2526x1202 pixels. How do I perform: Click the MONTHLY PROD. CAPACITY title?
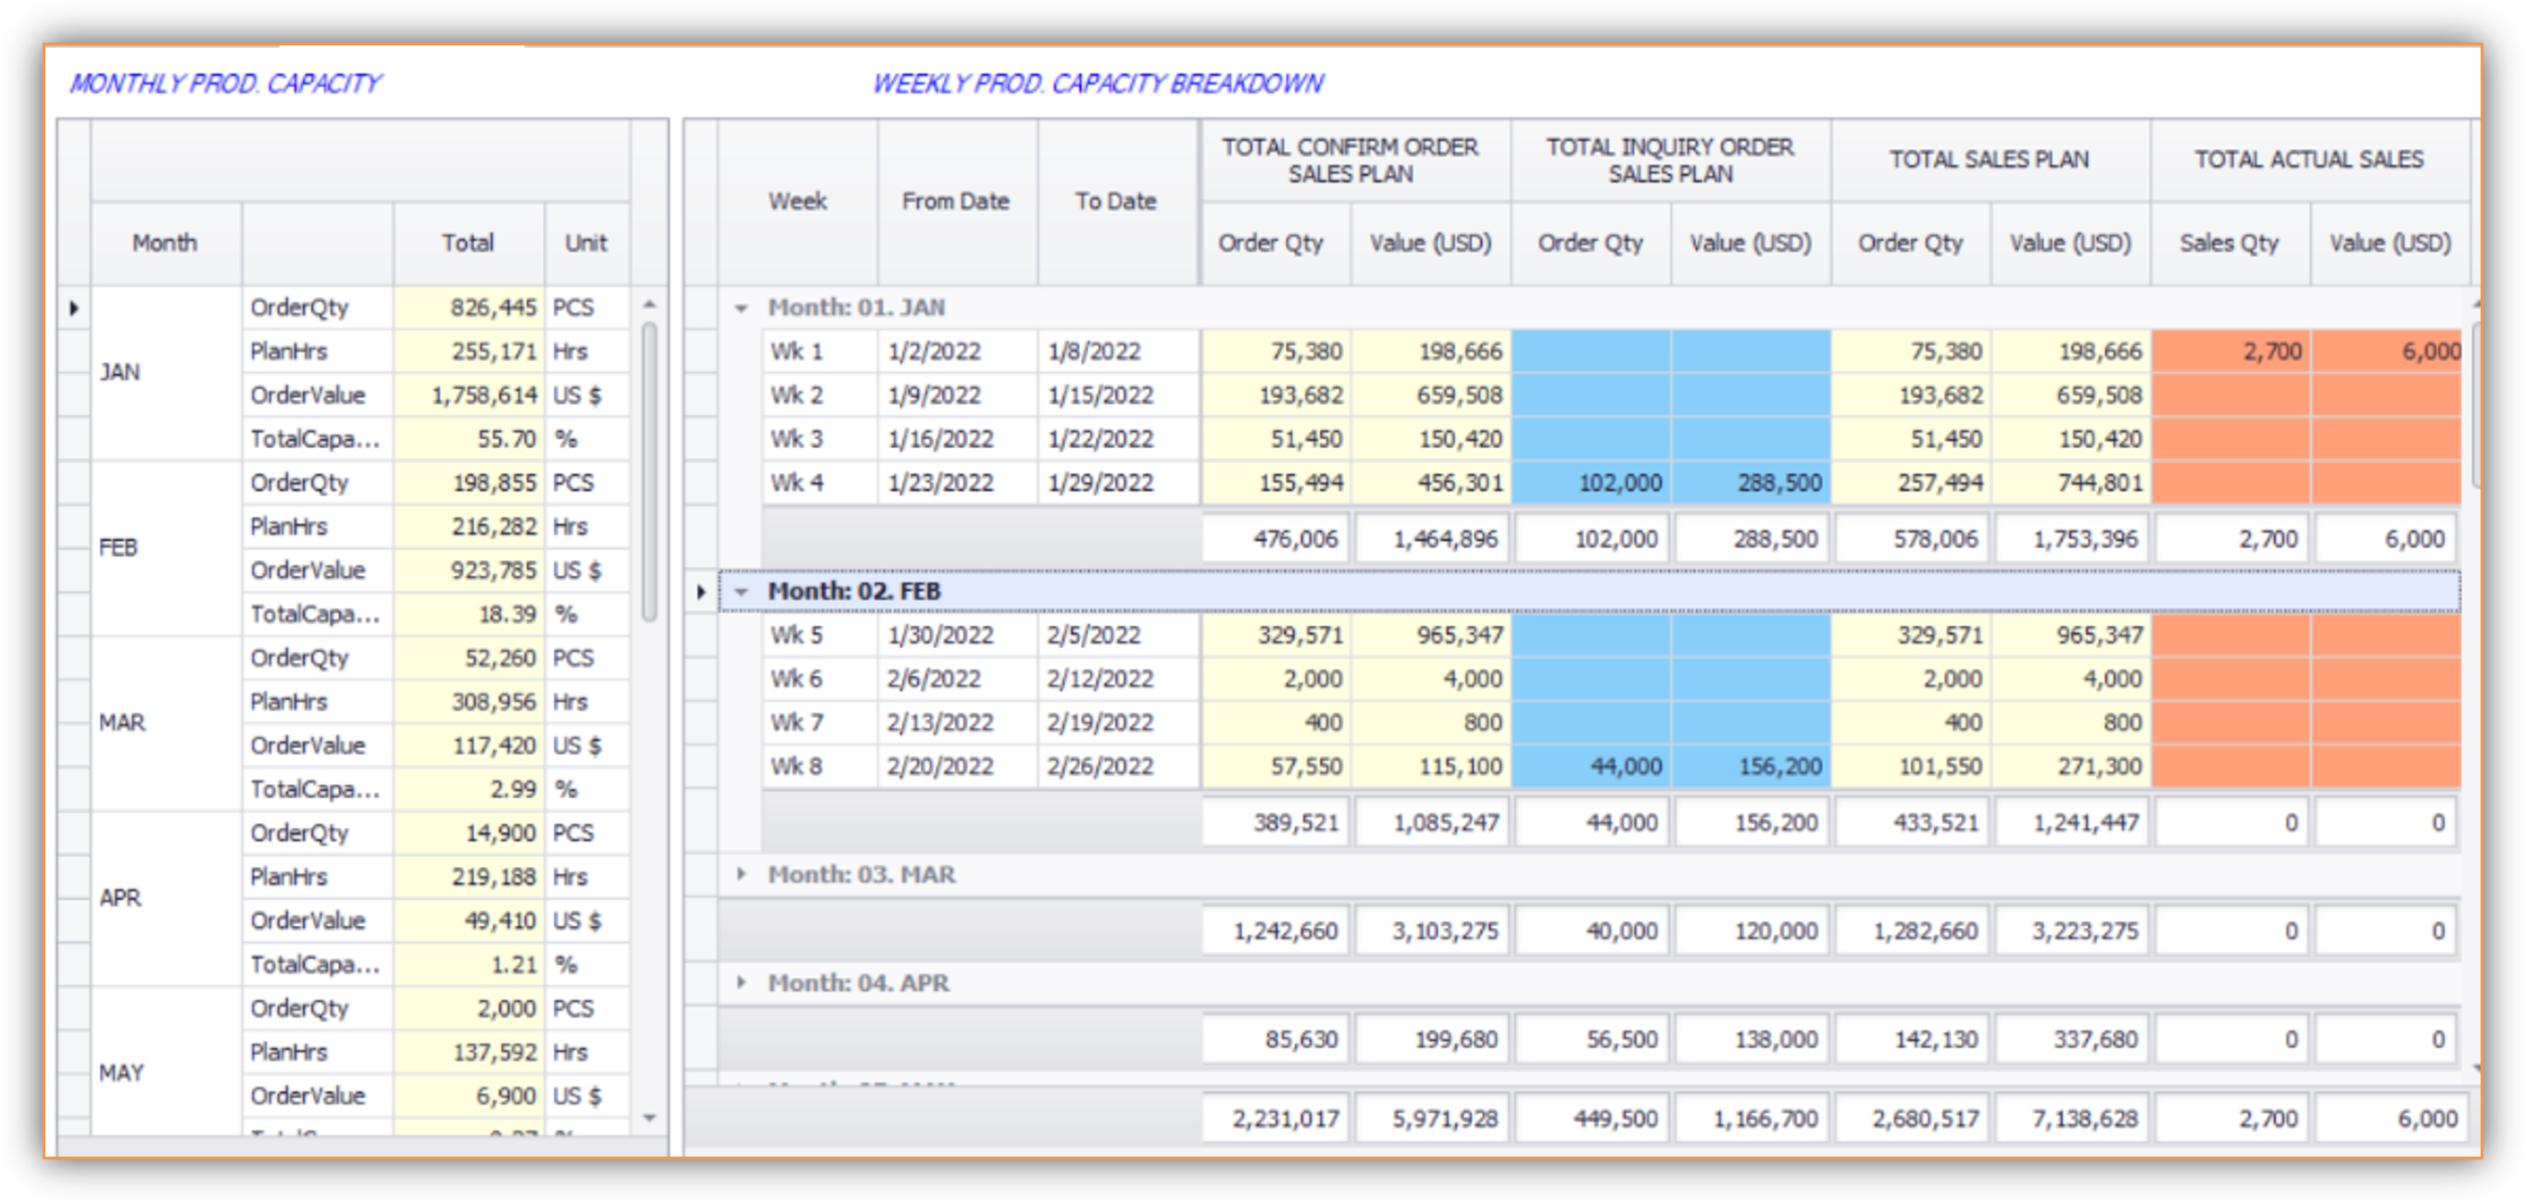[225, 83]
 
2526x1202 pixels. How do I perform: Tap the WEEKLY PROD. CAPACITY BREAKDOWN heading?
[1098, 83]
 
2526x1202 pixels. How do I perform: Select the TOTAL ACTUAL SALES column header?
[2308, 159]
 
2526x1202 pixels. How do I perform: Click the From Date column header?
[956, 201]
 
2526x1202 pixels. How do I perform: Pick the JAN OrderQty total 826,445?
[493, 307]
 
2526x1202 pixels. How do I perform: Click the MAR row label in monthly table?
[122, 722]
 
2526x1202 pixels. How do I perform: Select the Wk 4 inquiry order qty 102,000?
[1620, 482]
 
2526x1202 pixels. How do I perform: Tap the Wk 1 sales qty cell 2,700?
[2272, 351]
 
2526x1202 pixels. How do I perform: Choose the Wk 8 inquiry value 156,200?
[1779, 767]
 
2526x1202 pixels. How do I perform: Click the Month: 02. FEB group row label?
[854, 591]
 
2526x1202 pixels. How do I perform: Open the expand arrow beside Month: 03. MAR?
[741, 873]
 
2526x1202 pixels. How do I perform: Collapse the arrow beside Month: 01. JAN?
[741, 307]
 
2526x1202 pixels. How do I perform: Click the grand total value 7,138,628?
[2085, 1119]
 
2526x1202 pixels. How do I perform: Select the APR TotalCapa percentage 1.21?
[514, 965]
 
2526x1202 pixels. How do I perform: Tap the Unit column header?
[586, 243]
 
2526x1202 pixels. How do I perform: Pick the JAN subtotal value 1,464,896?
[1445, 539]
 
